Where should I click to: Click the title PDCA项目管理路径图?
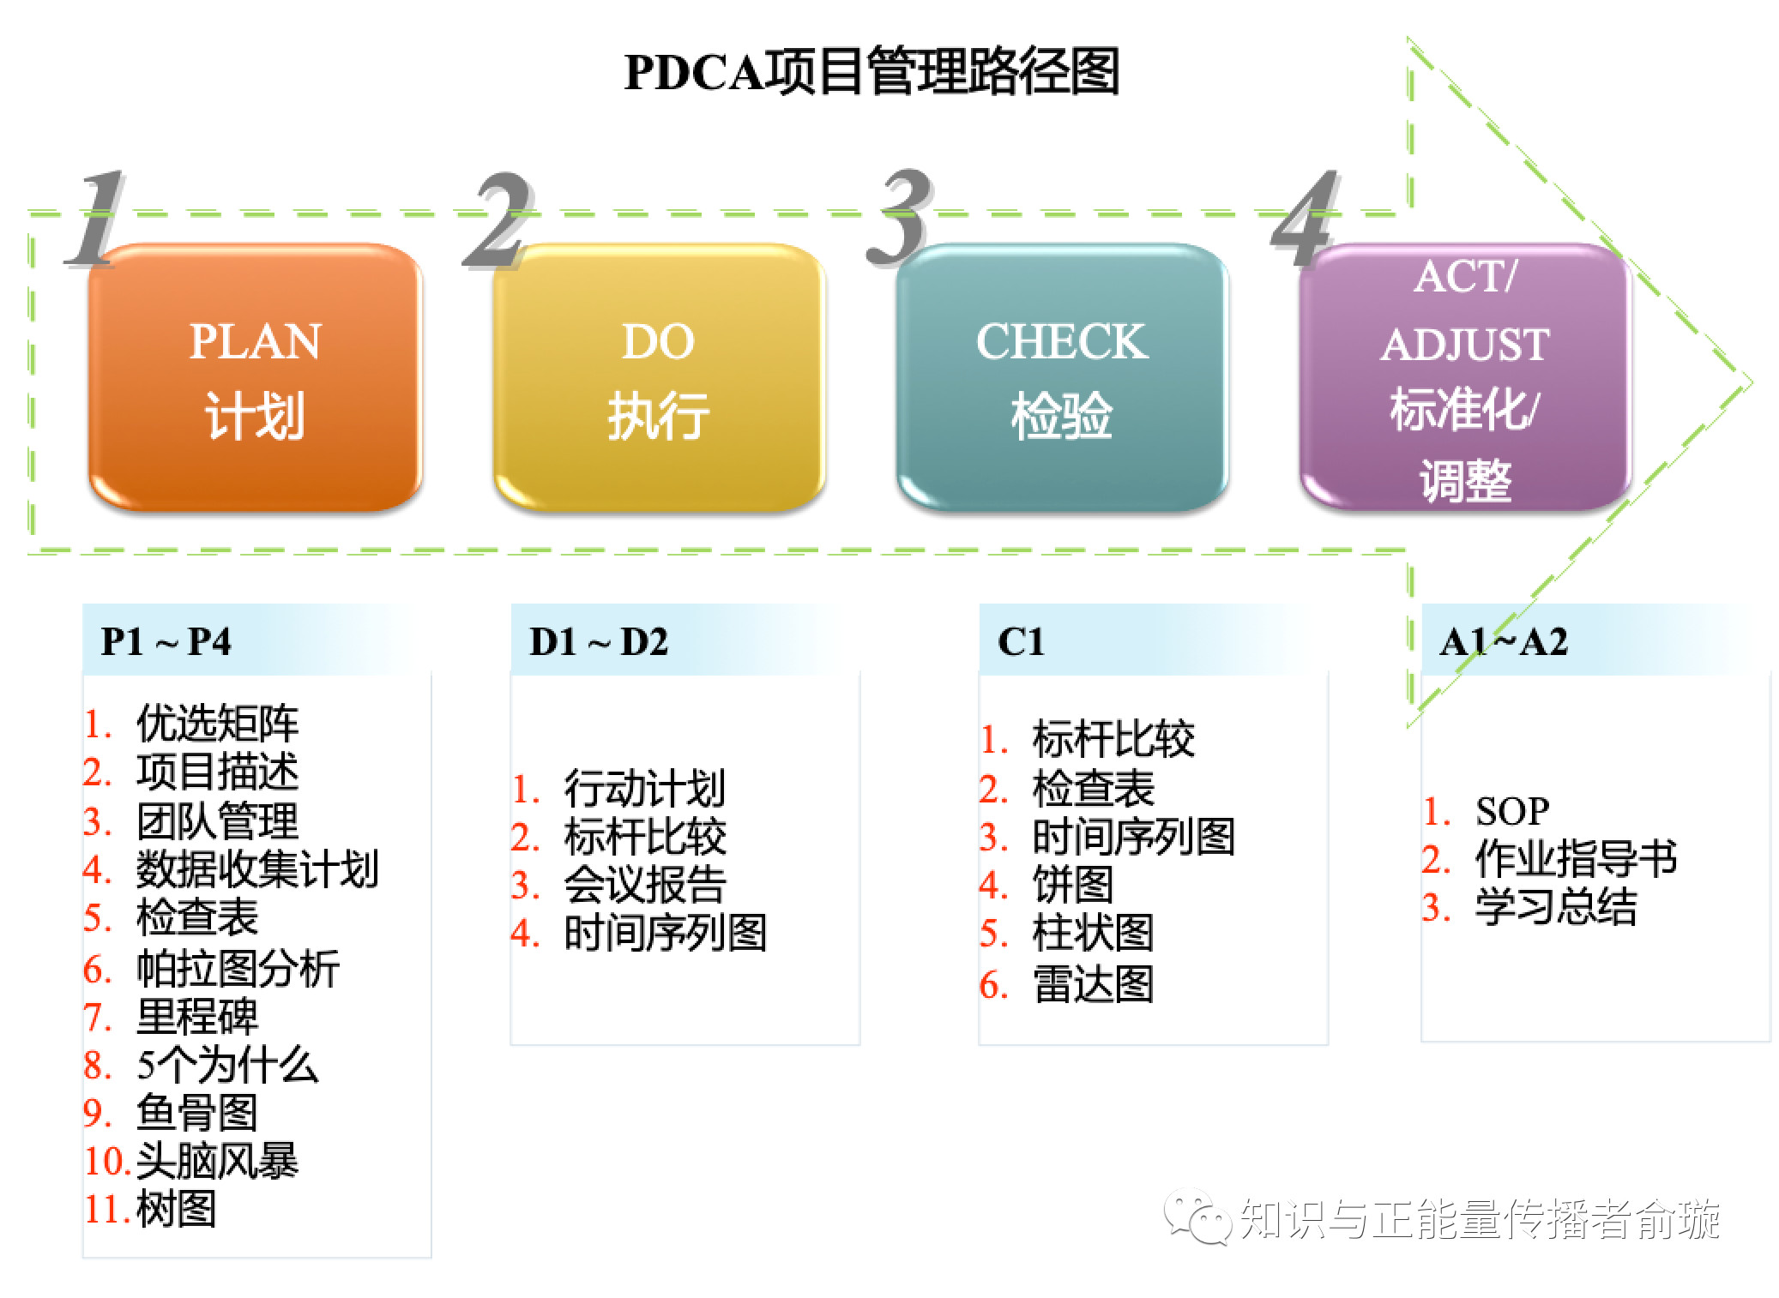click(871, 72)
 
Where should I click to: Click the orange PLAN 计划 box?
click(255, 377)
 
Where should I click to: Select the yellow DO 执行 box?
click(658, 377)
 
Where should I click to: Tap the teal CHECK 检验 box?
click(1061, 377)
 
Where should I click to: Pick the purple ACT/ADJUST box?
click(1464, 377)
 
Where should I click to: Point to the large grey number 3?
click(897, 218)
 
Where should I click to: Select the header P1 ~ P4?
click(166, 641)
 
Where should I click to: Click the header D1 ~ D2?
click(599, 641)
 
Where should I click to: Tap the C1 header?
click(1021, 641)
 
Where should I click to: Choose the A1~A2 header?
click(1504, 641)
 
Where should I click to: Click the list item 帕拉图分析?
click(238, 969)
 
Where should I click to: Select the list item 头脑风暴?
click(217, 1161)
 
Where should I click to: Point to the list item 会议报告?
click(645, 885)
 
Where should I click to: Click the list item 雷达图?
click(1093, 984)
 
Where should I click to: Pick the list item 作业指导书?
click(1576, 858)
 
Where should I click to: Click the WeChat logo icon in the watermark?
click(1197, 1217)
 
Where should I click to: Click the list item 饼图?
click(1072, 885)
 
